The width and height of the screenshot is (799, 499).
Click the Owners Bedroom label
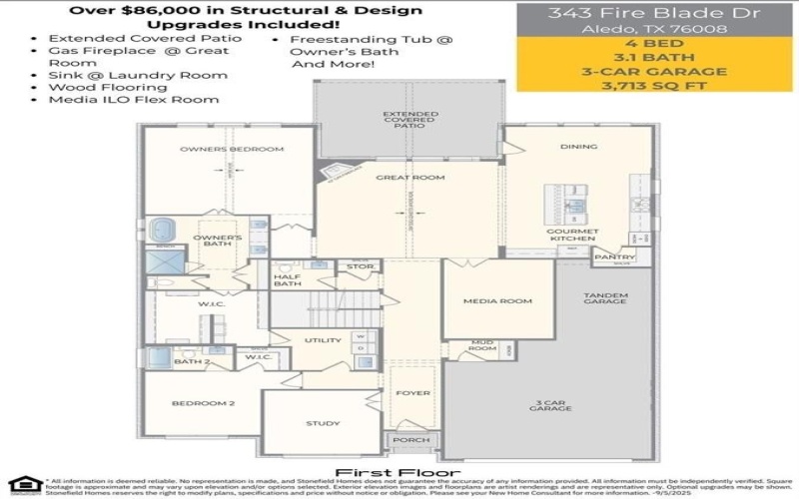tap(232, 149)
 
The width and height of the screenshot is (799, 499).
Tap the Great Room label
tap(409, 178)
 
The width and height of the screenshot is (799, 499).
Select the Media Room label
tap(497, 299)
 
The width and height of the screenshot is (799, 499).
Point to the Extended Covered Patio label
tap(410, 121)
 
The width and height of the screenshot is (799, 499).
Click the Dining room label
tap(579, 147)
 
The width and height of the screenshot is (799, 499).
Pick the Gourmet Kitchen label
tap(571, 235)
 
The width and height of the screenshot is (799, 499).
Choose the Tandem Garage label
tap(605, 297)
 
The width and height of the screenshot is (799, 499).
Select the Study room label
tap(323, 423)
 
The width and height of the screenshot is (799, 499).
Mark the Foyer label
tap(412, 393)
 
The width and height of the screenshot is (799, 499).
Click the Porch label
tap(411, 440)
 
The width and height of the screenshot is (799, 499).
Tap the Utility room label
tap(323, 340)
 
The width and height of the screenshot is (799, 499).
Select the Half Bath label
tap(288, 280)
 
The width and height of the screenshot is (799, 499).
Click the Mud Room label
tap(482, 345)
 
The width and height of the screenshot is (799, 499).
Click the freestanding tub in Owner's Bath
tap(163, 231)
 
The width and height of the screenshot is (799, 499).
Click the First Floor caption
tap(398, 472)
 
